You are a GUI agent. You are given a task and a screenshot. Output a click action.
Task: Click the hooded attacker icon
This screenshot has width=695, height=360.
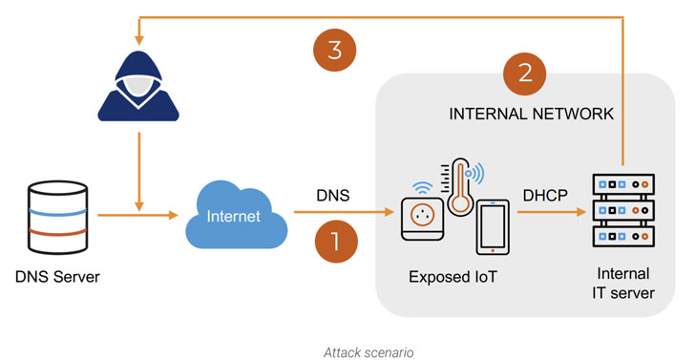(138, 87)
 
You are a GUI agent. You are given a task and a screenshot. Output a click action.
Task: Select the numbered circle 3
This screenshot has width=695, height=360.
(335, 50)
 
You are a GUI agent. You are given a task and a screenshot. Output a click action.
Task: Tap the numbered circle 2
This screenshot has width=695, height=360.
(525, 74)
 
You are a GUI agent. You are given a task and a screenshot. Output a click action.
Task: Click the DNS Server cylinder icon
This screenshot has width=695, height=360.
(57, 218)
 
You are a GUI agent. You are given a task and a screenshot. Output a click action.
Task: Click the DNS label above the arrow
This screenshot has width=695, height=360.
(333, 196)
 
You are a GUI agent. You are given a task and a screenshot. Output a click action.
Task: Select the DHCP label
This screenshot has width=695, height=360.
(545, 195)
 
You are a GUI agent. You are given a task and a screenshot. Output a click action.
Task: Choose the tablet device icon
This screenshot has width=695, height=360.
(493, 227)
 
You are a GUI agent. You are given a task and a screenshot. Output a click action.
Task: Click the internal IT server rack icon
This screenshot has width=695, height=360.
(623, 211)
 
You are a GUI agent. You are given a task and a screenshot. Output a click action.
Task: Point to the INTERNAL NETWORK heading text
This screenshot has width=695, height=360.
(531, 114)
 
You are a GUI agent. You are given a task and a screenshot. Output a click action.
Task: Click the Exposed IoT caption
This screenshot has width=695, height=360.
(453, 278)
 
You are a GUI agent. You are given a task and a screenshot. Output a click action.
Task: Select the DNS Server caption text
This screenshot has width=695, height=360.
(57, 278)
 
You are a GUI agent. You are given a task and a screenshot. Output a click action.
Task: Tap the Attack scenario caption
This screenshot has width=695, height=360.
(369, 353)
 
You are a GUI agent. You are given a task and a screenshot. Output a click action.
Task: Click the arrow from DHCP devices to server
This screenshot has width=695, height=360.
(552, 212)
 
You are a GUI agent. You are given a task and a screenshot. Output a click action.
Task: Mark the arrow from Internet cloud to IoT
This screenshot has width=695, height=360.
(344, 212)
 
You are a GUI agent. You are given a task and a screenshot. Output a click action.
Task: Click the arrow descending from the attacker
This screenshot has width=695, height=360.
(139, 172)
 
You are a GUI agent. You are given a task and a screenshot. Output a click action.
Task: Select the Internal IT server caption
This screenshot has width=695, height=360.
(622, 284)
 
